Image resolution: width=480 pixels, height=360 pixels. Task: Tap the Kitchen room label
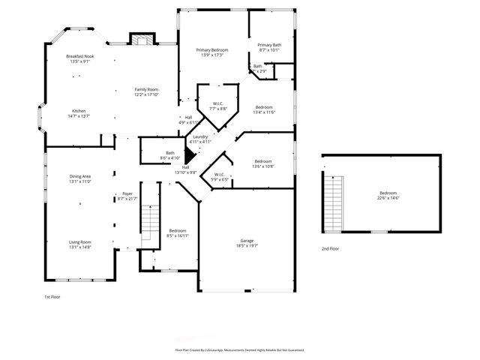click(79, 111)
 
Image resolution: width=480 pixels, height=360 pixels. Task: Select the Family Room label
click(146, 89)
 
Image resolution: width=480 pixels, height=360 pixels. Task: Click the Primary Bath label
click(269, 45)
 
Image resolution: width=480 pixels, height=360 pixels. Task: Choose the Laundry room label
click(200, 136)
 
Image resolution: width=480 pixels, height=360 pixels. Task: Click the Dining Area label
click(79, 176)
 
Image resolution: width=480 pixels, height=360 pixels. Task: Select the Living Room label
click(79, 241)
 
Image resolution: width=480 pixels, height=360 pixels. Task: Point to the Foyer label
click(127, 193)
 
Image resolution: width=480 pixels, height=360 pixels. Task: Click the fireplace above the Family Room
click(141, 39)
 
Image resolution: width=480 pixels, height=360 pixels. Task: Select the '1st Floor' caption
click(52, 297)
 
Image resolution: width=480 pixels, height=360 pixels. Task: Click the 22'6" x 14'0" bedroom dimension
click(388, 198)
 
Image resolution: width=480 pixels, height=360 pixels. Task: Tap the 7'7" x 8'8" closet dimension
click(217, 109)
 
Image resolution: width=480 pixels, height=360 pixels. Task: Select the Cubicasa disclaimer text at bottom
click(240, 349)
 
